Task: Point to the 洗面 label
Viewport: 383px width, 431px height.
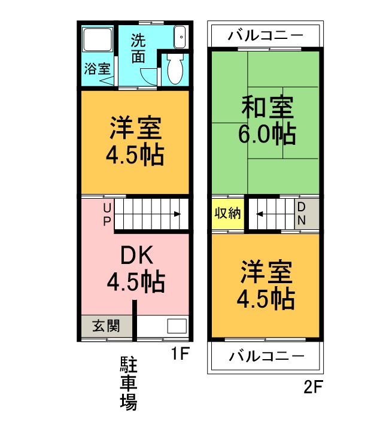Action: tap(138, 48)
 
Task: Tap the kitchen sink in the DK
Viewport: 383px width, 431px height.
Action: tap(176, 327)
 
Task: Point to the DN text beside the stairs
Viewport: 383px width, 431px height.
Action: tap(301, 214)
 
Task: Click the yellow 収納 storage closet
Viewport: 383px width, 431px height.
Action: tap(227, 214)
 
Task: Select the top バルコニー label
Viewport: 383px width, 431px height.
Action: tap(265, 36)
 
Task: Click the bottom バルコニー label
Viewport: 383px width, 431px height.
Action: tap(265, 357)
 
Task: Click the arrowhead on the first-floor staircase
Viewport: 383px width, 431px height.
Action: tap(178, 214)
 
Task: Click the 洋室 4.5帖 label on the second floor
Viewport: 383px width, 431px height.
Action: tap(267, 284)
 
